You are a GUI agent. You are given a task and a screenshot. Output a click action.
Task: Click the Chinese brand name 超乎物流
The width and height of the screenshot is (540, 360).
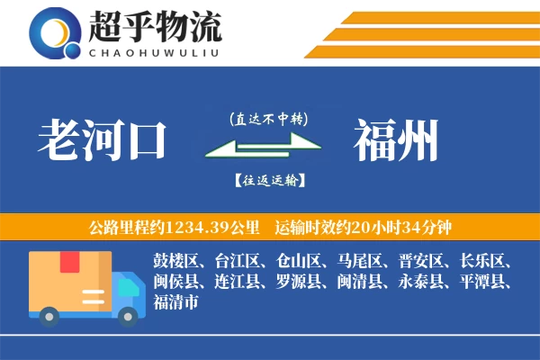click(x=156, y=27)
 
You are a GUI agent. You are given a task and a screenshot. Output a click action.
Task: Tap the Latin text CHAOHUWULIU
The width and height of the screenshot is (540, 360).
click(x=156, y=51)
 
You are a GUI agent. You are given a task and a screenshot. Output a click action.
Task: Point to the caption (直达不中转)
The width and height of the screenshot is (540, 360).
click(x=268, y=118)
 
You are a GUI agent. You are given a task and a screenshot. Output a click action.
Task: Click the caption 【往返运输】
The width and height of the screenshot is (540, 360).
click(x=268, y=181)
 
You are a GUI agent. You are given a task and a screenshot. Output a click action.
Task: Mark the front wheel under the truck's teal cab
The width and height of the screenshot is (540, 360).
click(x=130, y=315)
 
